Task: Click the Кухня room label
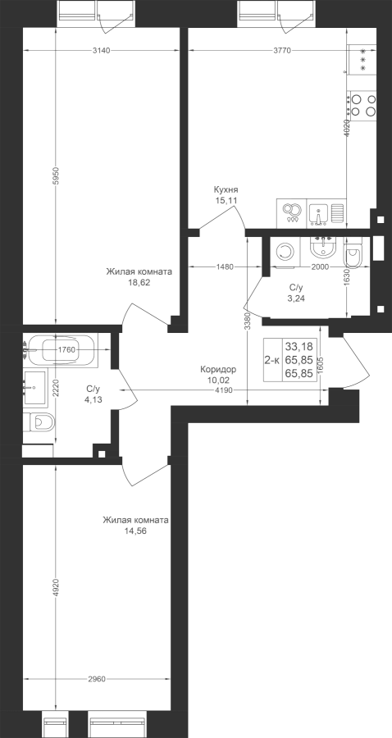pyautogui.click(x=226, y=189)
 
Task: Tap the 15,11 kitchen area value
pyautogui.click(x=226, y=200)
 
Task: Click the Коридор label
pyautogui.click(x=218, y=370)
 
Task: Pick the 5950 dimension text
pyautogui.click(x=56, y=175)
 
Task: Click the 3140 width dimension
pyautogui.click(x=101, y=51)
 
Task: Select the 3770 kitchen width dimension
pyautogui.click(x=282, y=51)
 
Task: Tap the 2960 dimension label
pyautogui.click(x=97, y=679)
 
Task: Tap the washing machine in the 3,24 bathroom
pyautogui.click(x=283, y=253)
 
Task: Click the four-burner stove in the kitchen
pyautogui.click(x=362, y=106)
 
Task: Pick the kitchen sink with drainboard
pyautogui.click(x=326, y=212)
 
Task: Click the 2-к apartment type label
pyautogui.click(x=272, y=361)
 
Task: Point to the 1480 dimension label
pyautogui.click(x=225, y=266)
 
